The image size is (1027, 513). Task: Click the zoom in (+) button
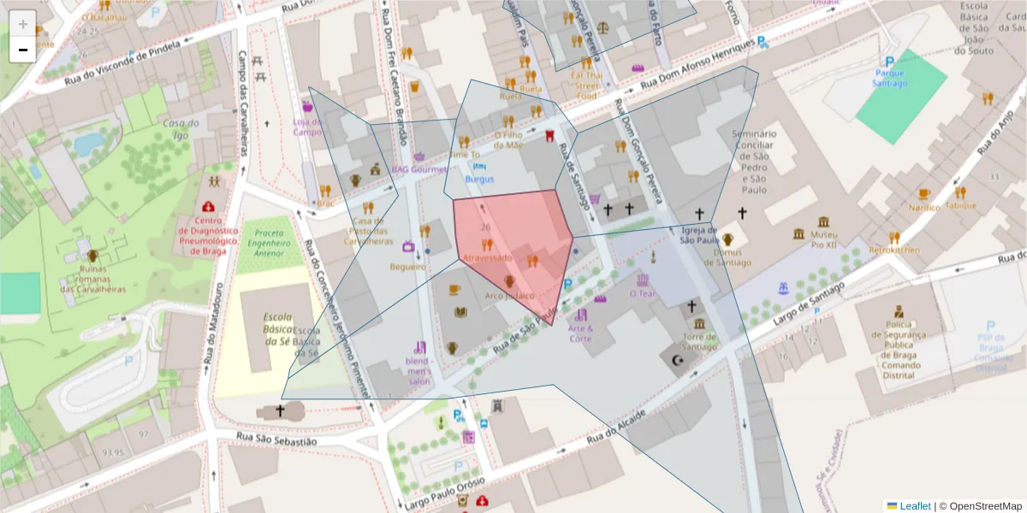pyautogui.click(x=22, y=23)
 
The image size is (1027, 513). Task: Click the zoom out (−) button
pyautogui.click(x=22, y=50)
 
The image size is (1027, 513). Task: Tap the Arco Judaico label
pyautogui.click(x=509, y=296)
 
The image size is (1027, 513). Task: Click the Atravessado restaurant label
pyautogui.click(x=487, y=257)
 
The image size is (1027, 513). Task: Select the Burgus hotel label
pyautogui.click(x=479, y=180)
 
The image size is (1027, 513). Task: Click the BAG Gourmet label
pyautogui.click(x=419, y=169)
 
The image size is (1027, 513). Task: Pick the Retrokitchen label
pyautogui.click(x=894, y=251)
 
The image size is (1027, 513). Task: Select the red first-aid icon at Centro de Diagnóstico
pyautogui.click(x=208, y=207)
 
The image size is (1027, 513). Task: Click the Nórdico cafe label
pyautogui.click(x=924, y=208)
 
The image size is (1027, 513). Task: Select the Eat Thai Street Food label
pyautogui.click(x=586, y=85)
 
